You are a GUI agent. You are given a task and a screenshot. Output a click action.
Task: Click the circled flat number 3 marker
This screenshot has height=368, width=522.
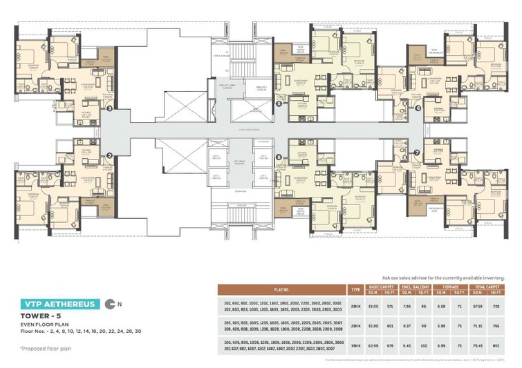coord(109,108)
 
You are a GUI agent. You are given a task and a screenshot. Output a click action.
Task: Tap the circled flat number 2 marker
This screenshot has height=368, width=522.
coord(109,156)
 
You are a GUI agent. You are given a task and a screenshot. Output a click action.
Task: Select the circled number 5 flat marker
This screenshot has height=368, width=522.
coord(278,104)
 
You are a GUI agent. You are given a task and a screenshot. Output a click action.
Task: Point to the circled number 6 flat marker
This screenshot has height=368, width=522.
coord(418,107)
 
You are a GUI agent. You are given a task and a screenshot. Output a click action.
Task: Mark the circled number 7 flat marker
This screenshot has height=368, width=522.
coord(417,152)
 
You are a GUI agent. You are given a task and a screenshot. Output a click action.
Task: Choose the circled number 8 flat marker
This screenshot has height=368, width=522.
coord(278,157)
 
